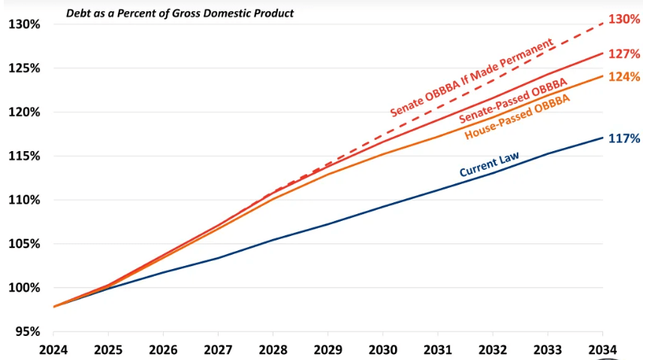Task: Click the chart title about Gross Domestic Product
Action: point(180,14)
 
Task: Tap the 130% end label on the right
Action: point(623,20)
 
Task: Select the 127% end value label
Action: point(623,54)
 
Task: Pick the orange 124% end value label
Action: point(623,77)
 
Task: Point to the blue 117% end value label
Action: point(623,138)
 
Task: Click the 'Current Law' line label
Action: point(489,164)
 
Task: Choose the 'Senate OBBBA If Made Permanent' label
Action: point(472,77)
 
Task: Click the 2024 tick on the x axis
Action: point(53,349)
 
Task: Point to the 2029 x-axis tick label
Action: point(328,349)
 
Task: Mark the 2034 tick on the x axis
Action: point(602,349)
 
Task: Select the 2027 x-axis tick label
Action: point(218,349)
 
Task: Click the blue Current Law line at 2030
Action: point(382,206)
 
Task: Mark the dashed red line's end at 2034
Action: point(602,23)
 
